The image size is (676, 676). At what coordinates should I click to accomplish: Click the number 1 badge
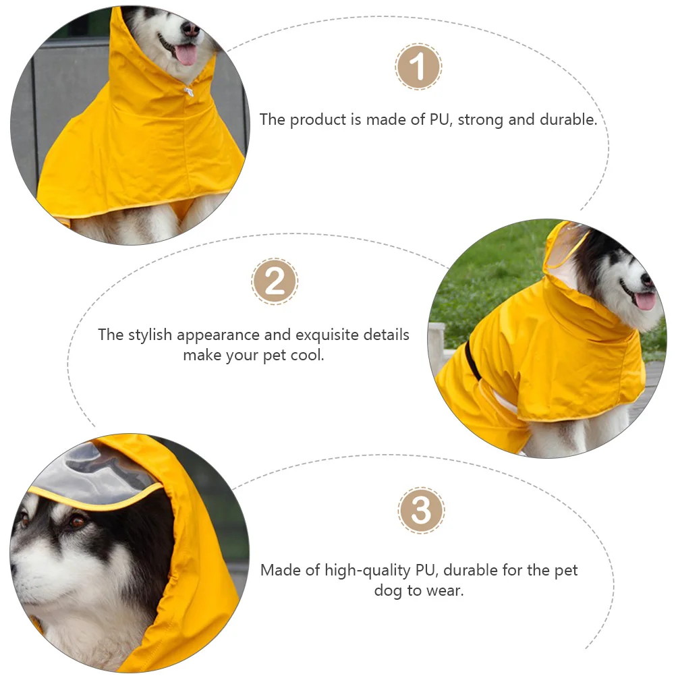[418, 67]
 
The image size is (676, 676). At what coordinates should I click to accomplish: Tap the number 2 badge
[275, 281]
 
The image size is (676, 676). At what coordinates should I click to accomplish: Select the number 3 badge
[421, 511]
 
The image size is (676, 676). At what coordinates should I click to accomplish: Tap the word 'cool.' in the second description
[307, 356]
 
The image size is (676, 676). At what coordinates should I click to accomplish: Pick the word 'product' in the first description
[318, 120]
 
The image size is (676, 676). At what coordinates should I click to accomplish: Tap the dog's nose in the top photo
[191, 29]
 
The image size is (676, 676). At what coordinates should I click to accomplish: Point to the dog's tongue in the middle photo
[644, 301]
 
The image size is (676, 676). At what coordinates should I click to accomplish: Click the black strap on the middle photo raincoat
[473, 361]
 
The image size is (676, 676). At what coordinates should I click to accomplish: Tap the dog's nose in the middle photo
[647, 279]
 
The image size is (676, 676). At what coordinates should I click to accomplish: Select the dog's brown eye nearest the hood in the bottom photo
[78, 521]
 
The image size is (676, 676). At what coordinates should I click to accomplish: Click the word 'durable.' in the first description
[568, 120]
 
